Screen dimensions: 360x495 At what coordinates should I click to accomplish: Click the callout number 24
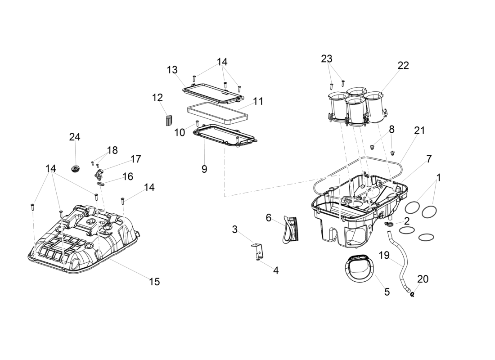click(75, 137)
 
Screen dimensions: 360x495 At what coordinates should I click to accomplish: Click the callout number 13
click(172, 70)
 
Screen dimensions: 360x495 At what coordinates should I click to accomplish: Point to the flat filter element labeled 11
click(217, 114)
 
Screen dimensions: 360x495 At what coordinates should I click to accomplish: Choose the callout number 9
click(204, 169)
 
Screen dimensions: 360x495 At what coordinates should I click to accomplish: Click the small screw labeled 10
click(197, 122)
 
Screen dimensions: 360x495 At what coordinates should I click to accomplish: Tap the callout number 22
click(403, 65)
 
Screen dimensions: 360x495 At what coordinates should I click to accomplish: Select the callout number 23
click(327, 58)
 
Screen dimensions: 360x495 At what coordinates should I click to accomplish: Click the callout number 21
click(419, 130)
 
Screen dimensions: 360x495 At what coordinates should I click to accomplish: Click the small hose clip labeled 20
click(413, 295)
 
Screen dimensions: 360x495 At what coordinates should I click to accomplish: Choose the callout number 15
click(154, 282)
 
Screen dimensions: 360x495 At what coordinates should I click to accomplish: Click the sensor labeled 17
click(99, 173)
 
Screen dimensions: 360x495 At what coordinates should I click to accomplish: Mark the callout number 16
click(128, 176)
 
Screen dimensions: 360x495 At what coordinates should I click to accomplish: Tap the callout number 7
click(429, 159)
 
